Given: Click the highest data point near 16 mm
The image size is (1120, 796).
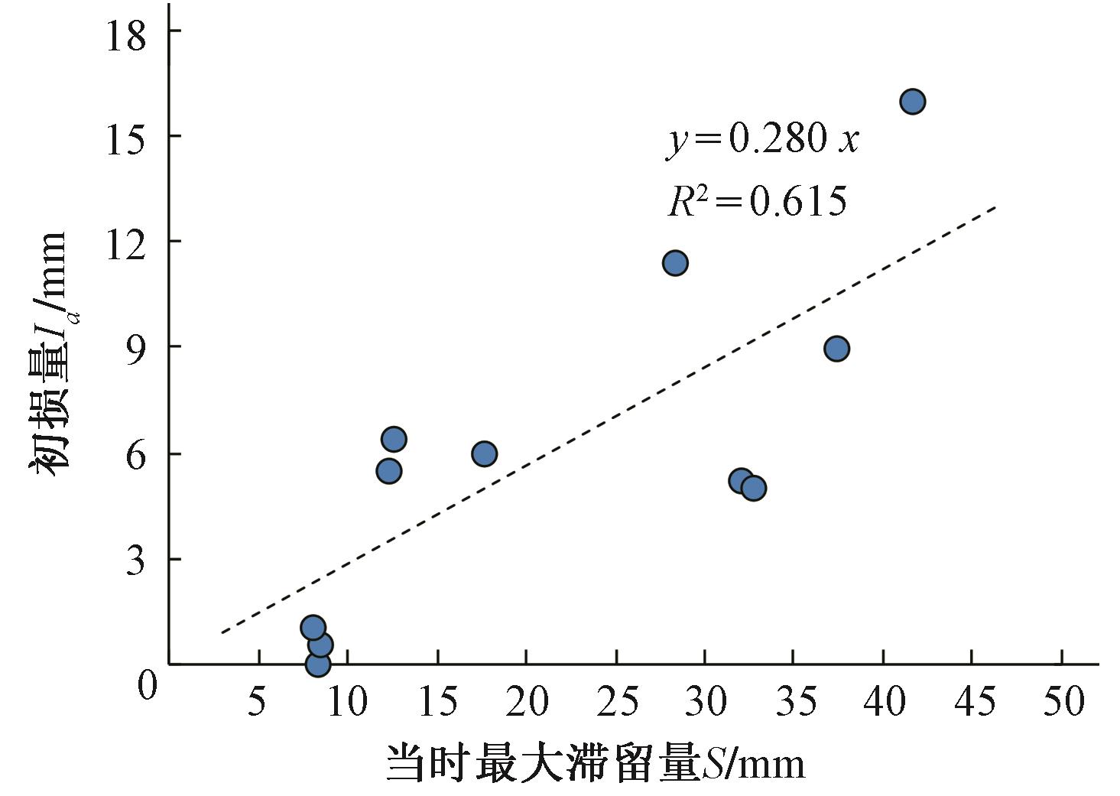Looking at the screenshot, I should pyautogui.click(x=912, y=101).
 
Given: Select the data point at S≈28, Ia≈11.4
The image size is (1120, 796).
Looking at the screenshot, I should pyautogui.click(x=675, y=263).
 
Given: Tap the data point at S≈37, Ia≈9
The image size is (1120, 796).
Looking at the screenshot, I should pyautogui.click(x=837, y=349).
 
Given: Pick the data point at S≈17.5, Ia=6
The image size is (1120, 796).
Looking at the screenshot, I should pyautogui.click(x=484, y=453).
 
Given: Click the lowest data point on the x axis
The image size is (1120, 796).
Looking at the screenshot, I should pyautogui.click(x=317, y=664).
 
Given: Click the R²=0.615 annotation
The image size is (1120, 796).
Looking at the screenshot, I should pyautogui.click(x=757, y=201).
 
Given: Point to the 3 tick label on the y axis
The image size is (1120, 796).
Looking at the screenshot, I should pyautogui.click(x=135, y=562).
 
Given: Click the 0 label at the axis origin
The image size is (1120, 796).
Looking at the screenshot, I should pyautogui.click(x=147, y=685).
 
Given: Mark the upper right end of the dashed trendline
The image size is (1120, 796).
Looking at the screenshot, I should pyautogui.click(x=995, y=206).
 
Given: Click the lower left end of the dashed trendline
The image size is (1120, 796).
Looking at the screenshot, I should pyautogui.click(x=222, y=632).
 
